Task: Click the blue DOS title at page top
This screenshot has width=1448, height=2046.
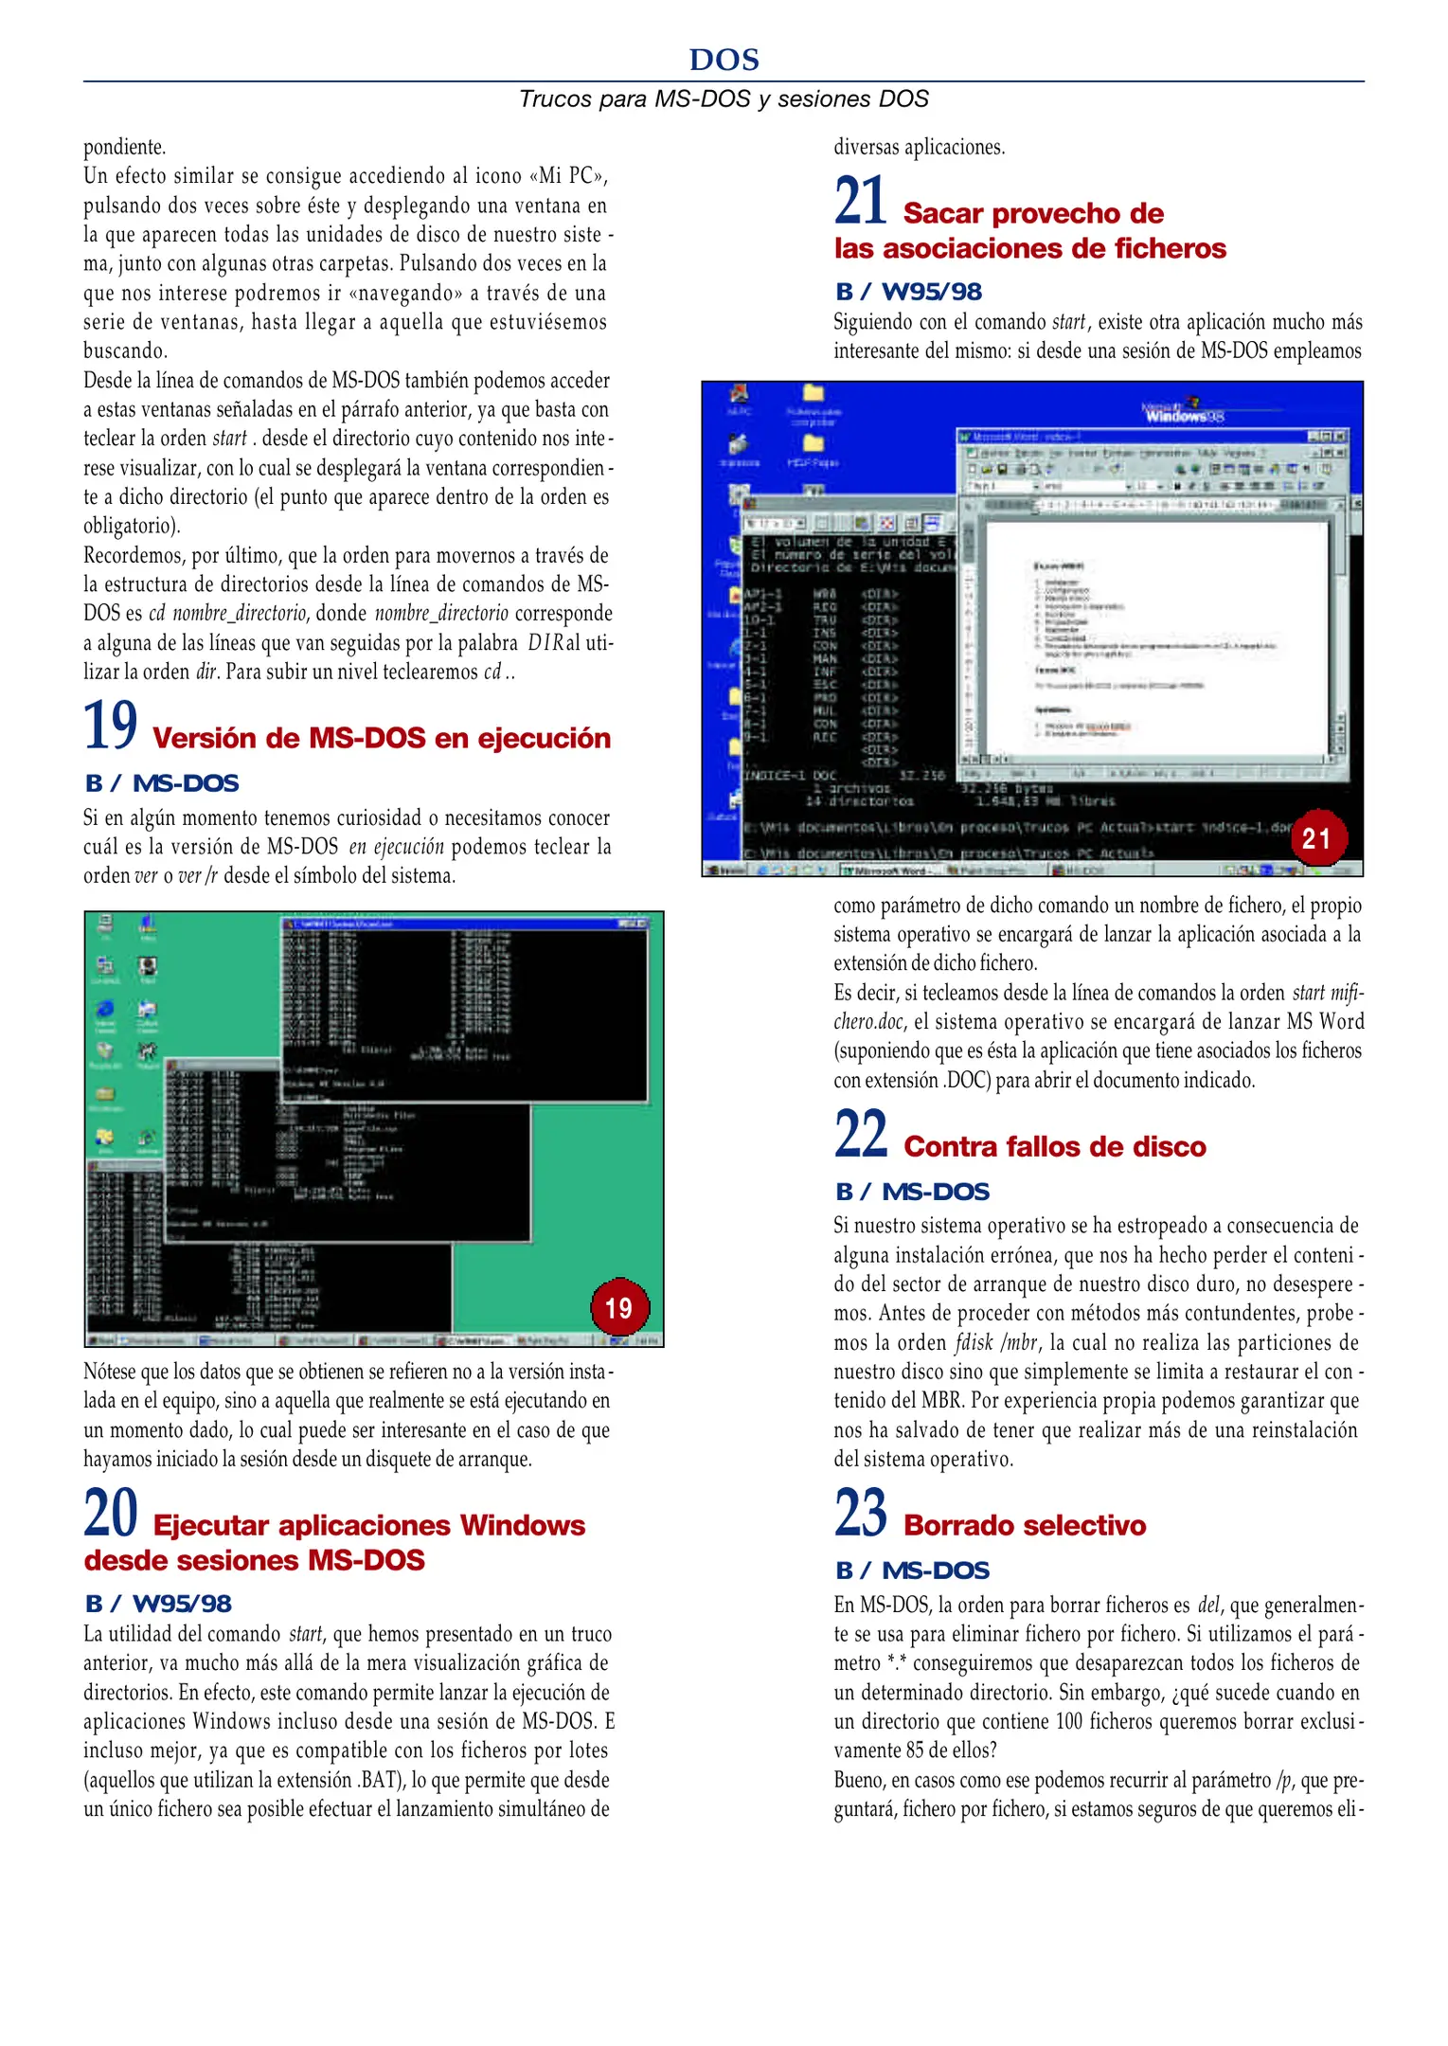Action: click(724, 60)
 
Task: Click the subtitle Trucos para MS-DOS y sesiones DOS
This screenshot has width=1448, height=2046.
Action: click(724, 99)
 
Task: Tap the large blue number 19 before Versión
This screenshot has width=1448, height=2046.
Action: click(111, 726)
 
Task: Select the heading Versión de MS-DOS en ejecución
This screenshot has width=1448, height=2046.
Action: click(382, 738)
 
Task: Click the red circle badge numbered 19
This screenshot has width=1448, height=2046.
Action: click(618, 1308)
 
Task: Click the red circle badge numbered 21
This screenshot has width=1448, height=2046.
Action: click(1317, 837)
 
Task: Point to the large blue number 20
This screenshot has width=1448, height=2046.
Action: click(111, 1513)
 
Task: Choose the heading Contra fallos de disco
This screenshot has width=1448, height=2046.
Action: click(1055, 1146)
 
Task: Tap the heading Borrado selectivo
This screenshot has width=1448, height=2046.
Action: click(1025, 1525)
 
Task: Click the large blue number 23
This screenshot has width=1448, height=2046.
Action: click(861, 1513)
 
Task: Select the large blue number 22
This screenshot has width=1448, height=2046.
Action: click(861, 1134)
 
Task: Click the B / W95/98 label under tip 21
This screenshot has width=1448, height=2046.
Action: click(908, 292)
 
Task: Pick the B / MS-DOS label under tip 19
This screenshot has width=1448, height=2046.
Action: click(162, 783)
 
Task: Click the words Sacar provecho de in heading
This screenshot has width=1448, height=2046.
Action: click(1033, 213)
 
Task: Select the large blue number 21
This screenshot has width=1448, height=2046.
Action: click(861, 201)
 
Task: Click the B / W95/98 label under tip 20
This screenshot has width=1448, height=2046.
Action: click(158, 1604)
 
